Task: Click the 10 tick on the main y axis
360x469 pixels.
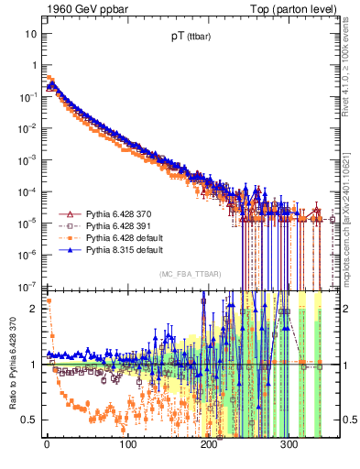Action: tap(30, 33)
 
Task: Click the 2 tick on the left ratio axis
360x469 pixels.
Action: tap(32, 309)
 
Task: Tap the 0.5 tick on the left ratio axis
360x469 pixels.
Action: tap(28, 420)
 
